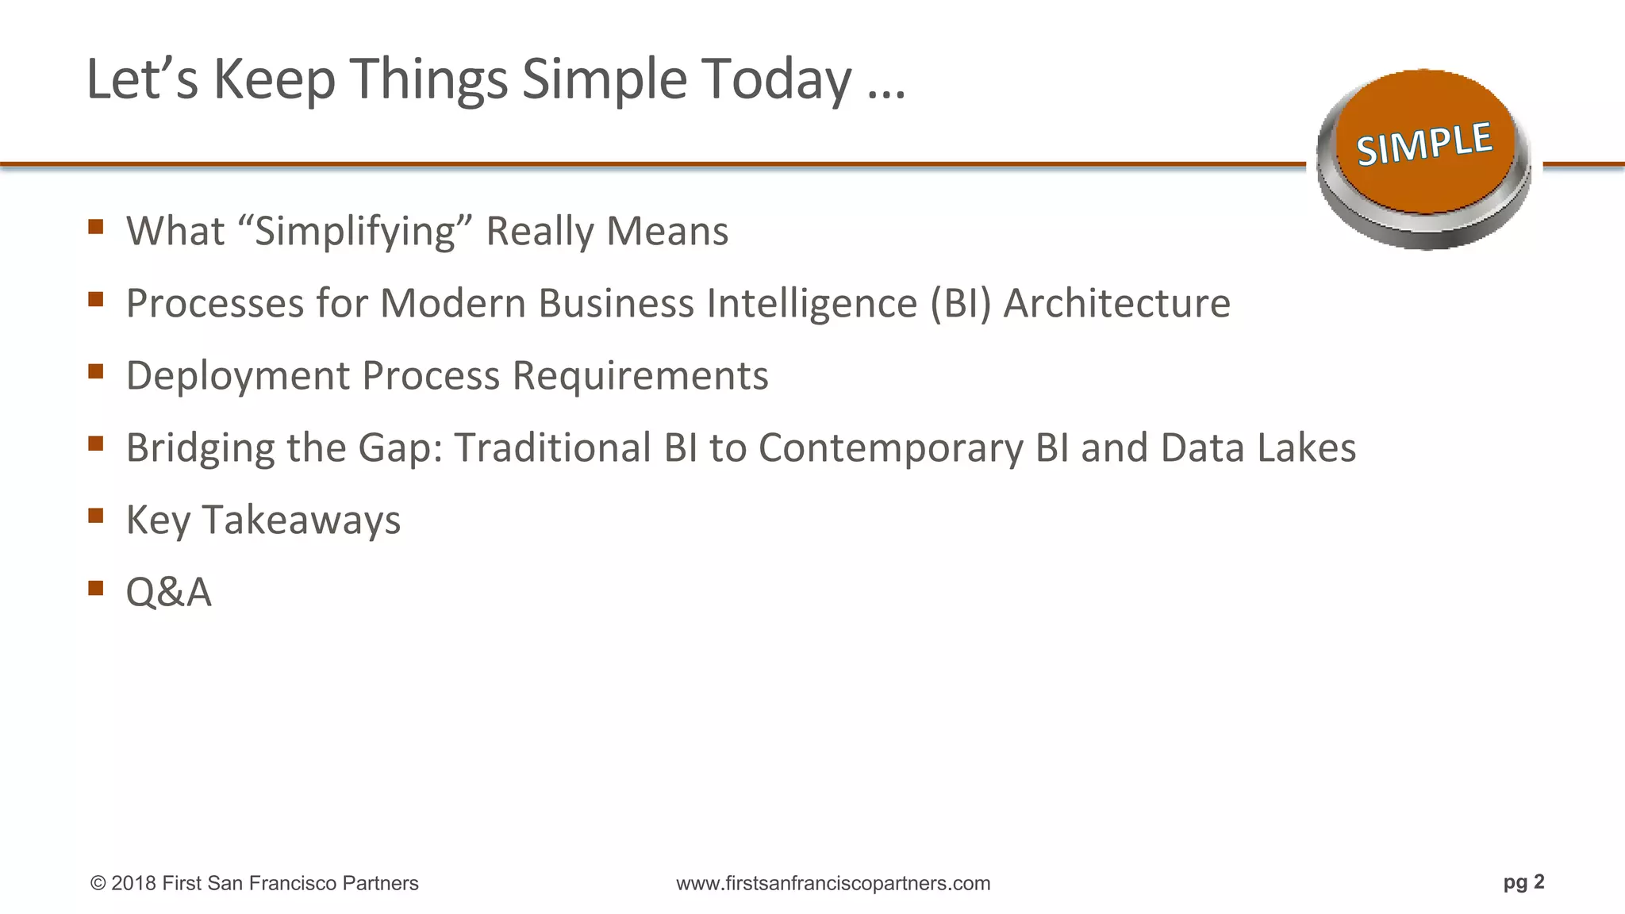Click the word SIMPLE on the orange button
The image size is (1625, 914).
point(1424,144)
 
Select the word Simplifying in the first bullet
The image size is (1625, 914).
point(355,232)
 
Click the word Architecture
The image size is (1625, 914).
point(1116,304)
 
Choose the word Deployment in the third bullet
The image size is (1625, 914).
point(237,376)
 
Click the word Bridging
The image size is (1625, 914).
point(200,448)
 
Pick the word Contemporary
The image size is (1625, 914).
point(891,448)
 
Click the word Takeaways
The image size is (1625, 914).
point(302,520)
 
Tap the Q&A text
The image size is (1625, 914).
point(169,593)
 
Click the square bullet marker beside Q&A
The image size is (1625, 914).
point(96,588)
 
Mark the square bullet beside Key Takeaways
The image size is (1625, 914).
point(96,516)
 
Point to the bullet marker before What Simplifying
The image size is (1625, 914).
point(96,227)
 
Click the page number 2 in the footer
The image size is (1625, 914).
point(1539,881)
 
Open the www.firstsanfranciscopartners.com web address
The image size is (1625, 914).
point(833,883)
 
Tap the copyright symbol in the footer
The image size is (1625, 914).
point(98,884)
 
